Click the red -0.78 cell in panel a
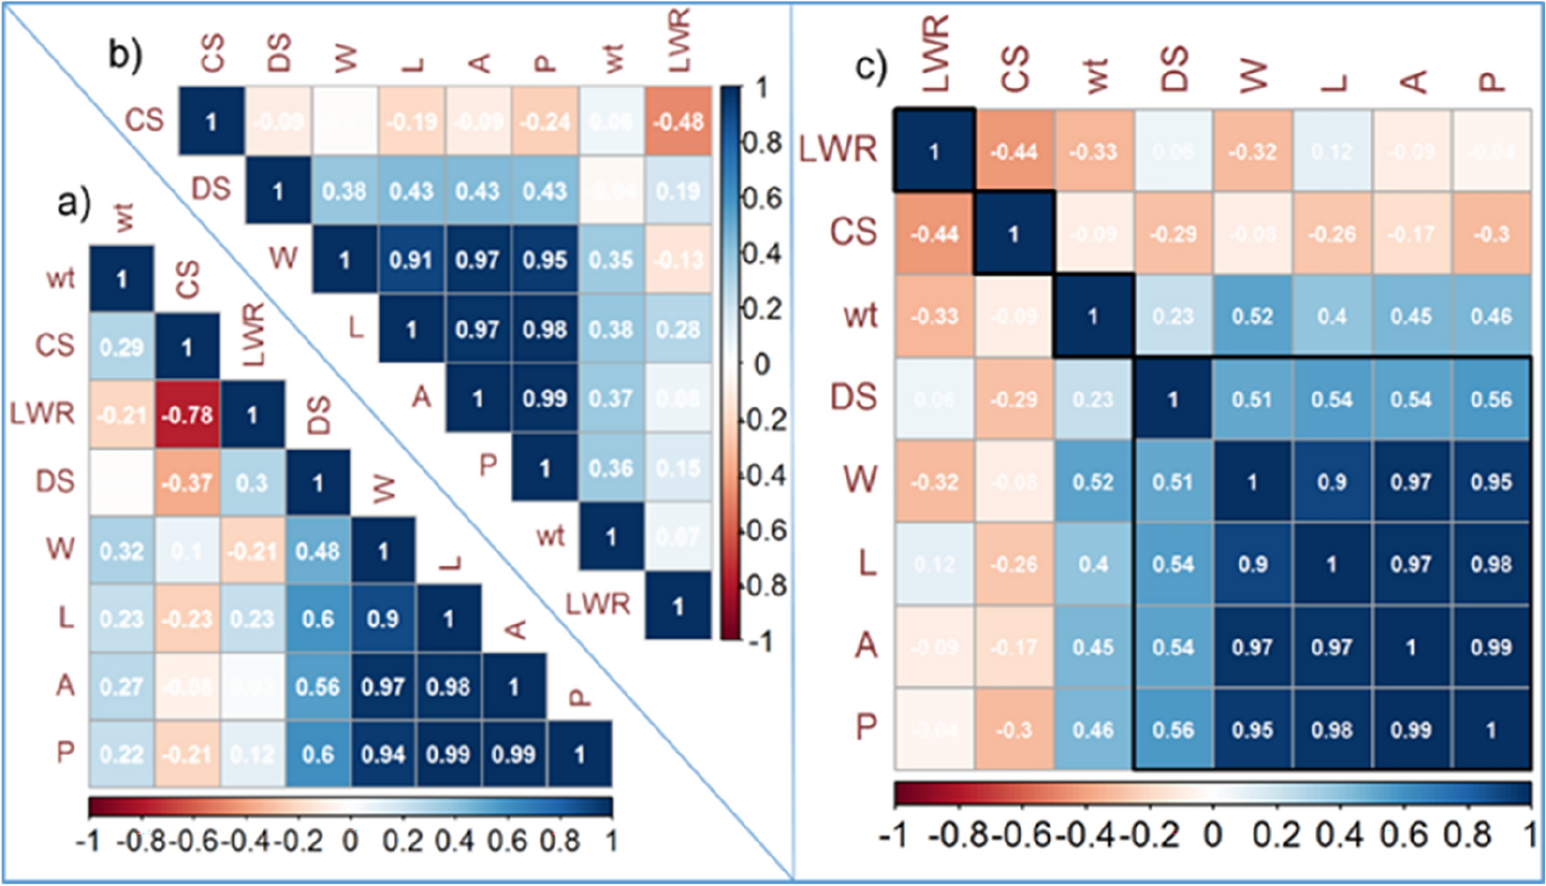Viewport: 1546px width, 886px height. (x=187, y=414)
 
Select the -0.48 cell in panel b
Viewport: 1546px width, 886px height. (x=678, y=122)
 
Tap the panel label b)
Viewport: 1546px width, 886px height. (x=125, y=54)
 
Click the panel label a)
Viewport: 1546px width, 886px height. (x=74, y=204)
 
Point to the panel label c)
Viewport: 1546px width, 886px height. (x=871, y=66)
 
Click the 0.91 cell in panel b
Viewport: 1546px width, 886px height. (x=411, y=260)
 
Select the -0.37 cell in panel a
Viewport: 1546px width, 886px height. (x=187, y=482)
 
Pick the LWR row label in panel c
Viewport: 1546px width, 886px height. (x=837, y=149)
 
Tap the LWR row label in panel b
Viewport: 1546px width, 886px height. (x=598, y=604)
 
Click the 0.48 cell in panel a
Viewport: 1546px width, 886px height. (x=318, y=551)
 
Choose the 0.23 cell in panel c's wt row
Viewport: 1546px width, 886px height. (x=1173, y=317)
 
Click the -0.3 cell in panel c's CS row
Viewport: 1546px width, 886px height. (x=1491, y=234)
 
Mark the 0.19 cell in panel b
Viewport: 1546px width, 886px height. (x=678, y=191)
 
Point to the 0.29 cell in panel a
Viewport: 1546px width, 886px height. (x=121, y=347)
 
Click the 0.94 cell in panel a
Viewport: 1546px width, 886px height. (x=383, y=754)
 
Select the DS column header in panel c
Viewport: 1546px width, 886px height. (x=1174, y=68)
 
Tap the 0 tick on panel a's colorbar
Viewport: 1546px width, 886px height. (x=350, y=841)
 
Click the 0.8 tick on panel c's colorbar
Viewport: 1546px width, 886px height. (x=1468, y=834)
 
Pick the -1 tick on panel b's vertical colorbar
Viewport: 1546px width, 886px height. (x=760, y=641)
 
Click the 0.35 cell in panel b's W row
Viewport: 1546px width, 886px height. (x=612, y=260)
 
